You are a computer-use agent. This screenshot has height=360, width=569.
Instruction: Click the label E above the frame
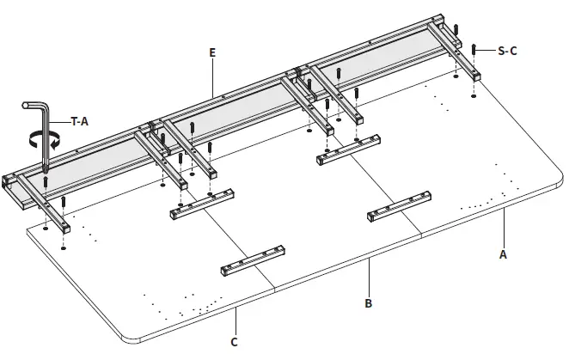point(211,53)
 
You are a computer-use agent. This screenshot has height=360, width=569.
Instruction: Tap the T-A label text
point(79,122)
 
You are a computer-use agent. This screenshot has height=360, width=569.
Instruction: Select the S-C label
point(508,52)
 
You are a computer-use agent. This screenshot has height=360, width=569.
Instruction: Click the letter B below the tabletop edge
point(368,302)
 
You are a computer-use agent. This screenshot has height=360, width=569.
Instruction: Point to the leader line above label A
point(503,233)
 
